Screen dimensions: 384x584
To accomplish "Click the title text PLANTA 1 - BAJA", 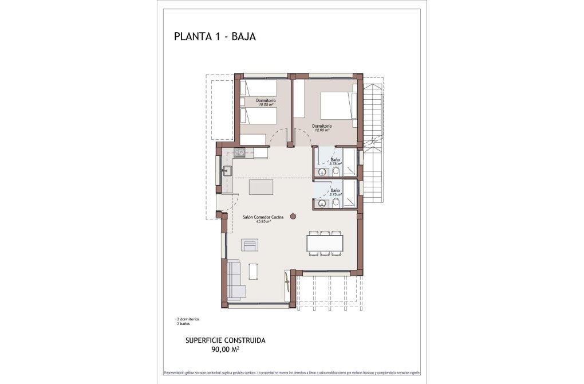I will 214,37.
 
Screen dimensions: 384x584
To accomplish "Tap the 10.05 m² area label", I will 266,105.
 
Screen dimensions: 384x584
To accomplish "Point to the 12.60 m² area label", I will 321,130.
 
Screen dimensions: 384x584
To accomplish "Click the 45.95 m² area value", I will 263,222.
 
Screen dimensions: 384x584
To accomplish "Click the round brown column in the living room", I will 293,216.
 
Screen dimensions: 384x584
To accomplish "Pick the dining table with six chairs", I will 325,243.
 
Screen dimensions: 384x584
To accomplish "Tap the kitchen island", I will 261,188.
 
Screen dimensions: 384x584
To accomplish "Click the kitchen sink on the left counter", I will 227,170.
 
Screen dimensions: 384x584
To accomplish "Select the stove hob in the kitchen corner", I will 239,152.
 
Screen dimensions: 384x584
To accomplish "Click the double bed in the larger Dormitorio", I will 334,106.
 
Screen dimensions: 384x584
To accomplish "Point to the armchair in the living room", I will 250,245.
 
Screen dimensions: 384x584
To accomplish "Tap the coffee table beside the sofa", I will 253,271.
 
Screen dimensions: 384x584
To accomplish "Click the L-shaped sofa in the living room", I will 235,280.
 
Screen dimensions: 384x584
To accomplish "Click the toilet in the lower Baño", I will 336,202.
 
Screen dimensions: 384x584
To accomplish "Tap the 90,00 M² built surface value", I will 225,348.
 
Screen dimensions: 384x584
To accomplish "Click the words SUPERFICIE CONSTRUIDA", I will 225,340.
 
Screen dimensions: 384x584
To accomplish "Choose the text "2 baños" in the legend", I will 184,324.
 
